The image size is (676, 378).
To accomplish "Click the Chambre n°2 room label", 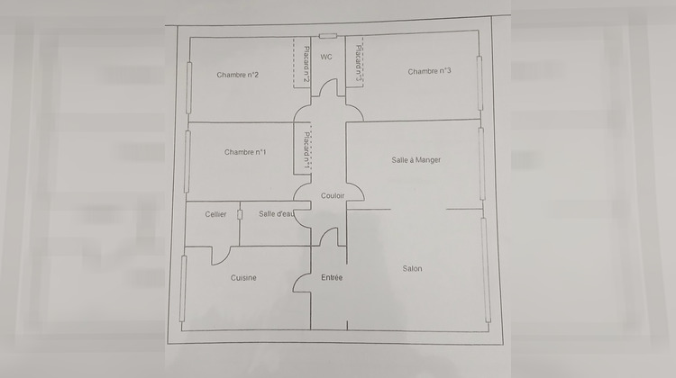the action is pos(238,75).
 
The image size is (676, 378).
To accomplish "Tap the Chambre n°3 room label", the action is pos(429,71).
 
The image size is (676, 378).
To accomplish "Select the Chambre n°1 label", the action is pos(245,152).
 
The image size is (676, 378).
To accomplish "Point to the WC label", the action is pos(326,57).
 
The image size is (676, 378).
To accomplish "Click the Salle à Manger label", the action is pos(416,160).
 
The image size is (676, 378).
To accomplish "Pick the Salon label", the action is pos(412,268).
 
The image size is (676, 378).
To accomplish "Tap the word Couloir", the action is pos(333,196).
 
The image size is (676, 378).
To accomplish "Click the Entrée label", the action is pos(332,278).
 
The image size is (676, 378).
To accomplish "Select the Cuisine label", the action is pos(243,278).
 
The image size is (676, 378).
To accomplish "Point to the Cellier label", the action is pos(215,214).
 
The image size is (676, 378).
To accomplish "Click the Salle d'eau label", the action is pos(277,213).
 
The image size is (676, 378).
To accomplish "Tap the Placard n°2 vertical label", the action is pos(306,64).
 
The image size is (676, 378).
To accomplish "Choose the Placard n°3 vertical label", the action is pos(358,63).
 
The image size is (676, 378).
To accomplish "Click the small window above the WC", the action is pos(328,36).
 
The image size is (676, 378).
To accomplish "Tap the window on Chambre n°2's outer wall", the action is pos(189,88).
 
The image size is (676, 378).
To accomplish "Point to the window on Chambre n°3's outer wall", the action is pos(480,83).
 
